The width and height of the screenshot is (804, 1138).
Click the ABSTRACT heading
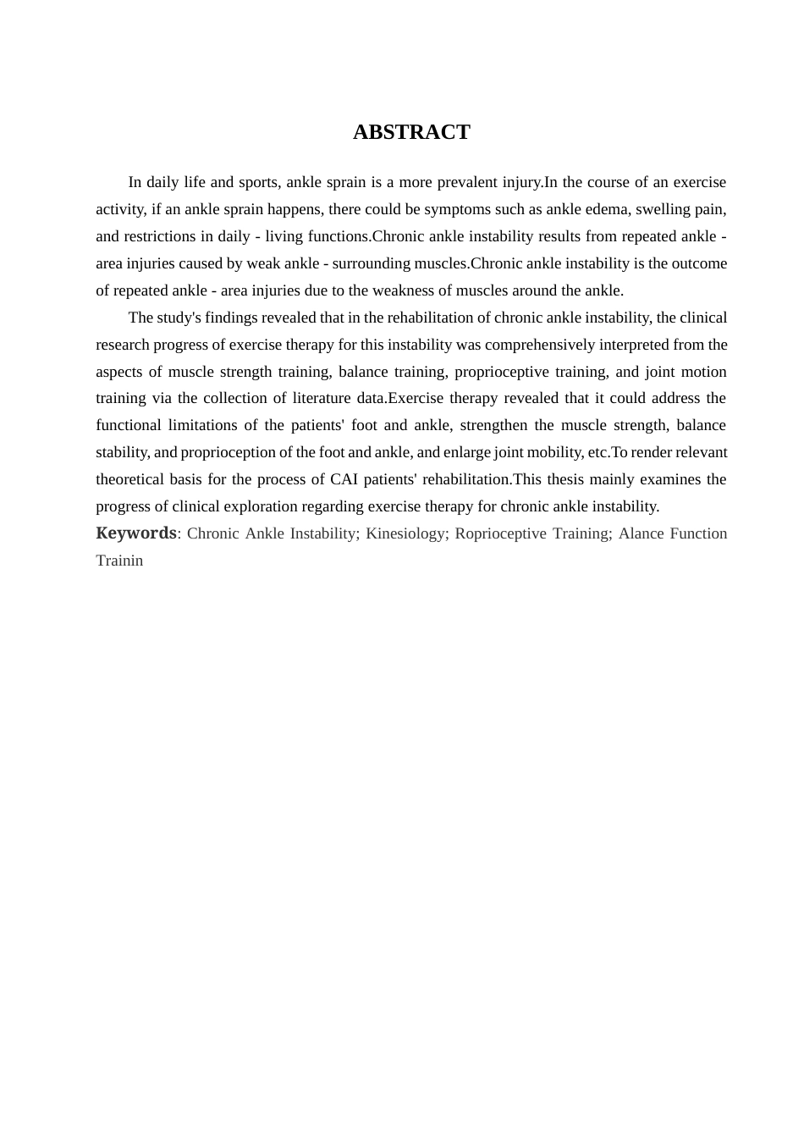pos(411,132)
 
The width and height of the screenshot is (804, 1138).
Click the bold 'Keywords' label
pos(136,533)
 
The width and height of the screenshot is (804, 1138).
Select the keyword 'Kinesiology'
pos(405,533)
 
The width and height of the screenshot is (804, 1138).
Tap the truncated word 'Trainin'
pos(119,561)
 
